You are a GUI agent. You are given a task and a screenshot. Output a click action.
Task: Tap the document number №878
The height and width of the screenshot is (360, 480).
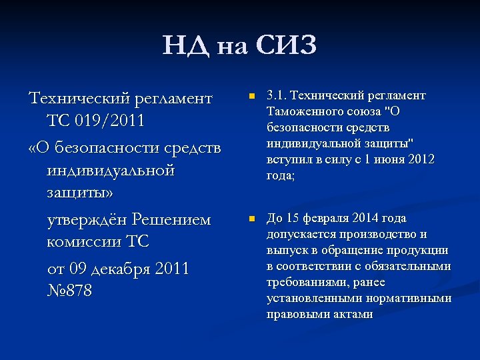pos(70,291)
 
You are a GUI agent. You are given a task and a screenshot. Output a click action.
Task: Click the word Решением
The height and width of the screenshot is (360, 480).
pos(171,219)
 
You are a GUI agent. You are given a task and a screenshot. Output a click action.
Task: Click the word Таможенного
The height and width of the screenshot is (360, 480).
pos(301,111)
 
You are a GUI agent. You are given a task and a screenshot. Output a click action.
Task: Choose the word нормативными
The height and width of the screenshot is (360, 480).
pos(413,298)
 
